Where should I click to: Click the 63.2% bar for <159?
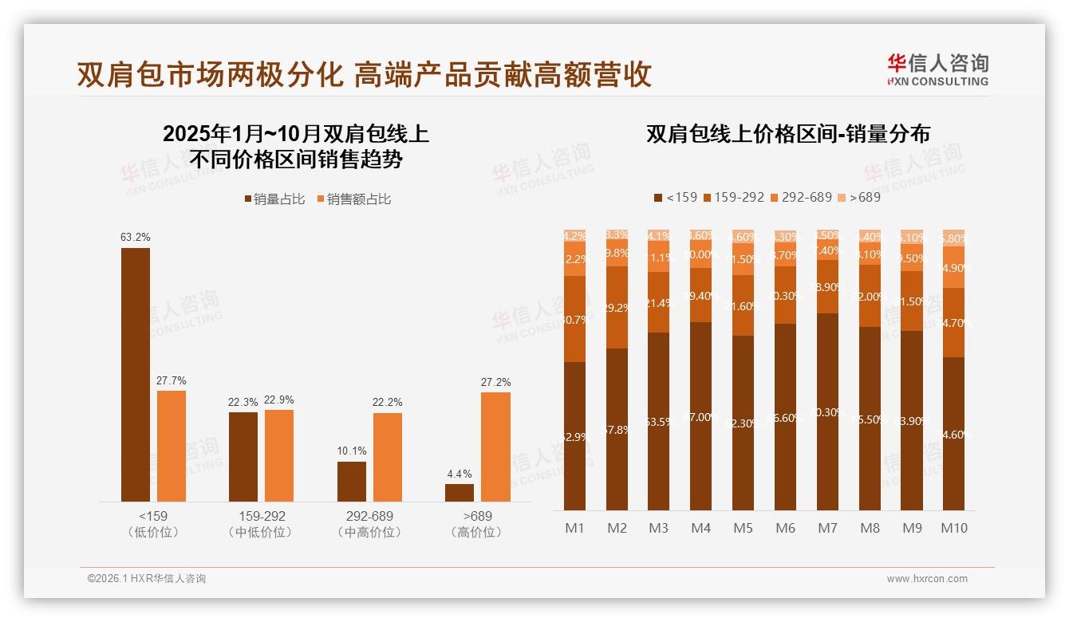click(136, 375)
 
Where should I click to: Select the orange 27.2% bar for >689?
click(495, 447)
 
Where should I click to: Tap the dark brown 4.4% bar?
click(460, 493)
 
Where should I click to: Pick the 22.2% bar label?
click(387, 403)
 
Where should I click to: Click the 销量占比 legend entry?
click(275, 199)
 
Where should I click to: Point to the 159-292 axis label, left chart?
click(261, 517)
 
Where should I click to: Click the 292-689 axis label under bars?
click(369, 517)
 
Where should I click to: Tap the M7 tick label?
click(827, 529)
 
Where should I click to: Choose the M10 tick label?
click(953, 529)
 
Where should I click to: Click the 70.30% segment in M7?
click(827, 412)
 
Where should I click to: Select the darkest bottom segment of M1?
click(574, 436)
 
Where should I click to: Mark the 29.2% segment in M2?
click(617, 307)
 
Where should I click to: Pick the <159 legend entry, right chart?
click(676, 197)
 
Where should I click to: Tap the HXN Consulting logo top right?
click(938, 70)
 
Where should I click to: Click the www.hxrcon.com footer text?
click(927, 579)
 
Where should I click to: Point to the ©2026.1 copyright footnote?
click(147, 579)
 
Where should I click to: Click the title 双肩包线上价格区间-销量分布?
click(788, 134)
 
